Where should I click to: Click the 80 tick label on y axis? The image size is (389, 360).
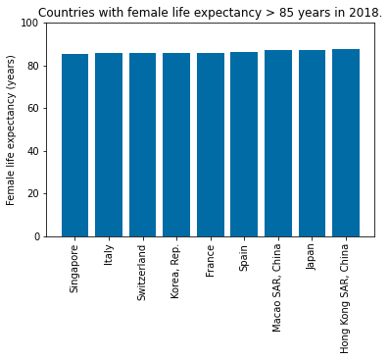tap(31, 66)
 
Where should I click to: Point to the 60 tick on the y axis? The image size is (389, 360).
tap(31, 109)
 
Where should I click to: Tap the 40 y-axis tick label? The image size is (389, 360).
tap(31, 151)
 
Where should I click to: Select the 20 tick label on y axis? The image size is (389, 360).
tap(31, 194)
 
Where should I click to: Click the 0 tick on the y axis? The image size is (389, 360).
tap(34, 236)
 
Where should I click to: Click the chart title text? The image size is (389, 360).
tap(210, 13)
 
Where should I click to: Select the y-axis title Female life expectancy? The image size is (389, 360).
tap(12, 129)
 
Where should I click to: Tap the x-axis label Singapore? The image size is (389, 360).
tap(74, 269)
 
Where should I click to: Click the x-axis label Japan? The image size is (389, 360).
tap(312, 260)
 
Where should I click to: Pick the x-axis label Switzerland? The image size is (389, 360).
tap(142, 273)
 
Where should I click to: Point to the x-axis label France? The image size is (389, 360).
tap(210, 261)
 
